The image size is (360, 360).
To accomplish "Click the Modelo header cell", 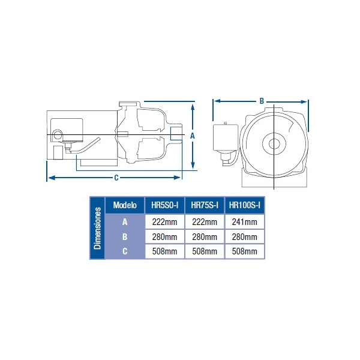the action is (x=125, y=205).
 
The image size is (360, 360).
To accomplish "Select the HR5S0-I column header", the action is (x=164, y=205).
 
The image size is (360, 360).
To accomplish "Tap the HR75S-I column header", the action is (x=205, y=205).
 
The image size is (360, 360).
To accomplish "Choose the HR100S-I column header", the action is (x=245, y=205).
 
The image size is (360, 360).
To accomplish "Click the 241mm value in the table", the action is (x=245, y=222).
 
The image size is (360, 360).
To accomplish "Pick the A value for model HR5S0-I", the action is (x=164, y=222).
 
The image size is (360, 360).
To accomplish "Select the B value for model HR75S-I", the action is (x=205, y=237).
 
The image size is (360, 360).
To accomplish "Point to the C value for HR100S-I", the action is (x=245, y=251).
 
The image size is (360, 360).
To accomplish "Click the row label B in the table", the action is (x=125, y=237).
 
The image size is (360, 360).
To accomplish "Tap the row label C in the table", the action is (x=125, y=251).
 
